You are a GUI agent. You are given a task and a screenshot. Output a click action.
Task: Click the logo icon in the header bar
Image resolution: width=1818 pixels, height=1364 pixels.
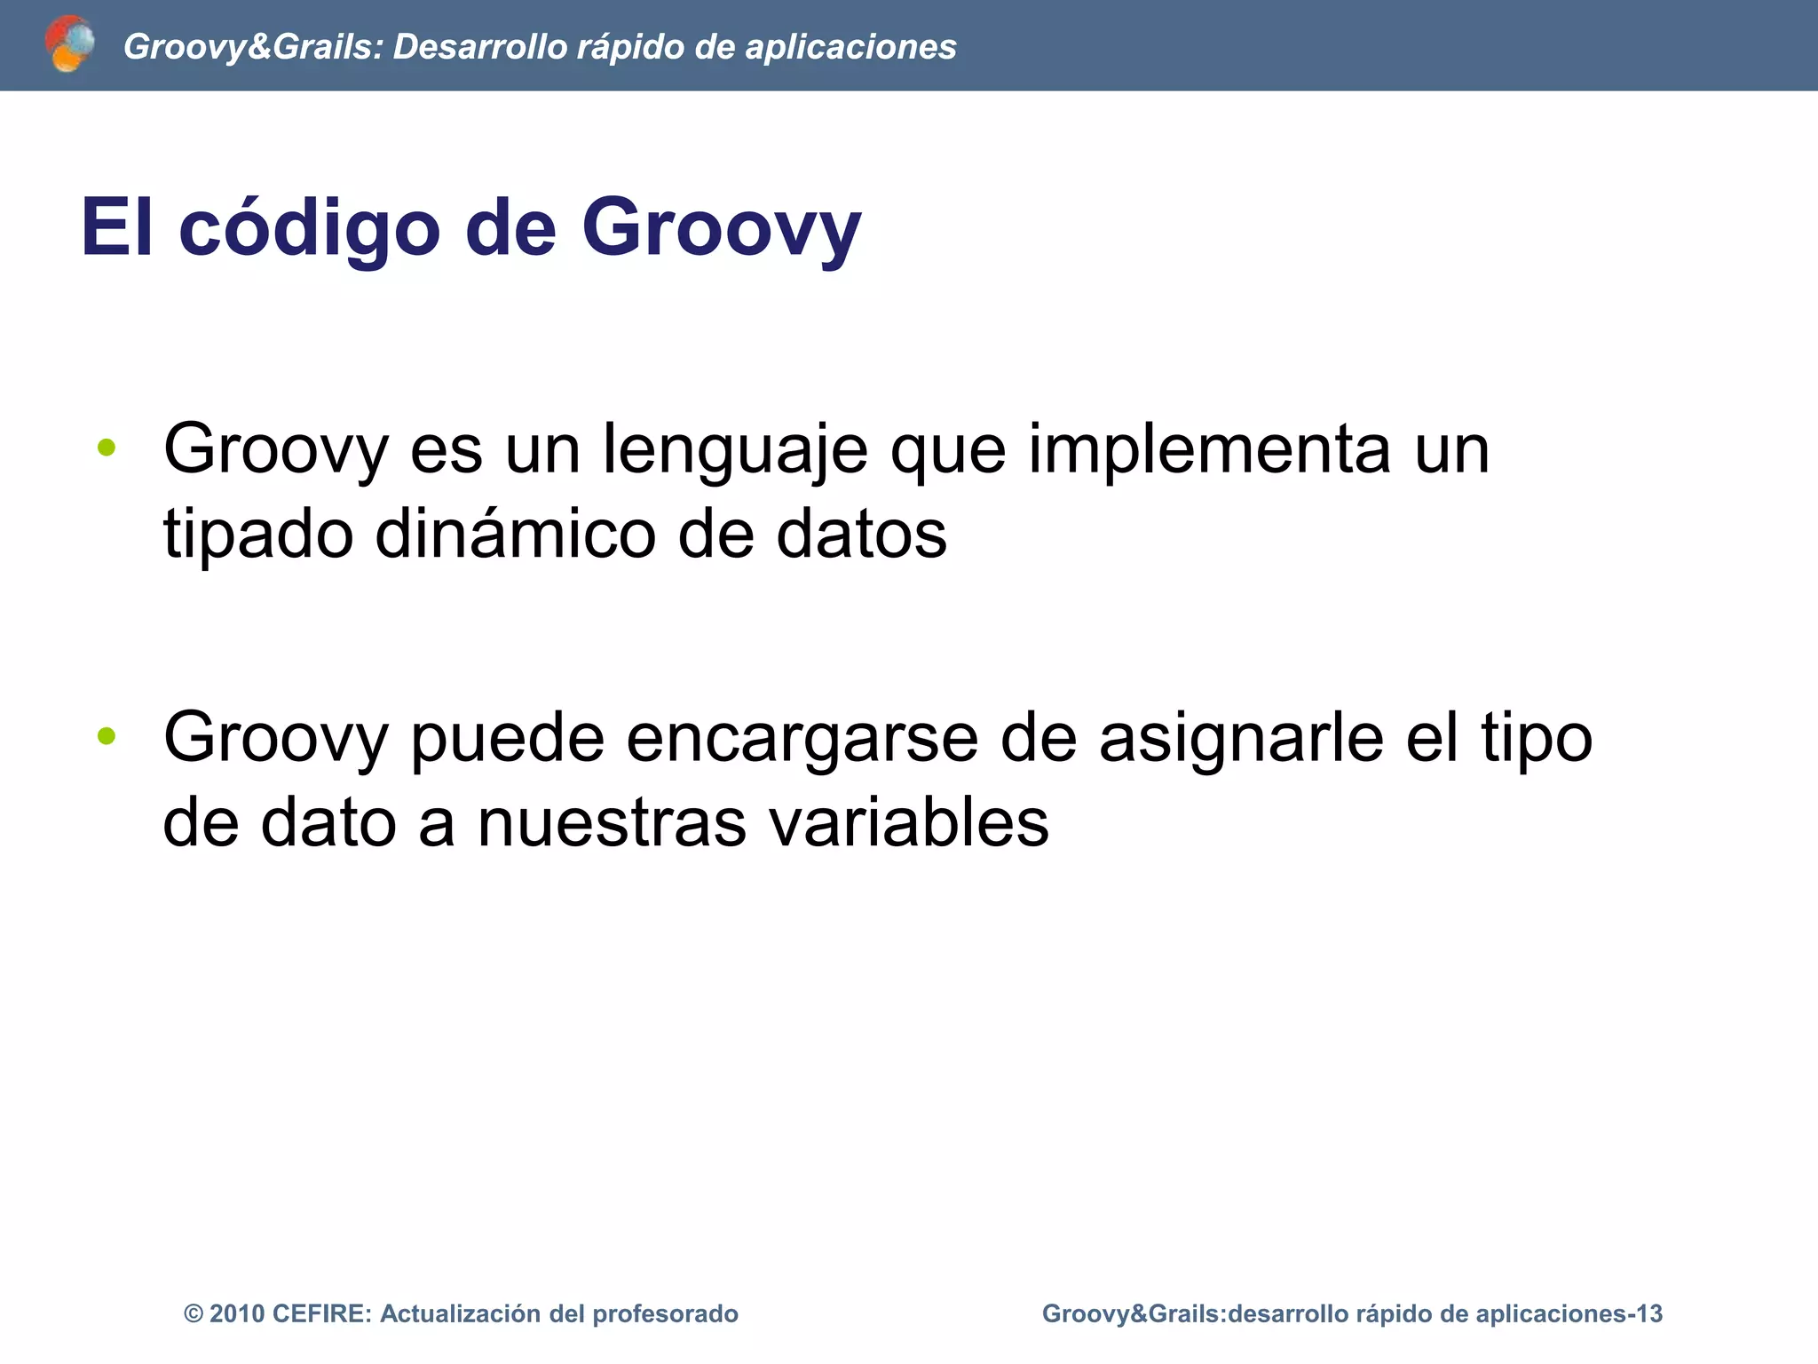(69, 44)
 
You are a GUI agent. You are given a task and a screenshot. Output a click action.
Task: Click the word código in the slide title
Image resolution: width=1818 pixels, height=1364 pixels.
(309, 228)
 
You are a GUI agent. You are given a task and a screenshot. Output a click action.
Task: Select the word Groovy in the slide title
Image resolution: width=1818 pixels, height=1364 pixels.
(721, 228)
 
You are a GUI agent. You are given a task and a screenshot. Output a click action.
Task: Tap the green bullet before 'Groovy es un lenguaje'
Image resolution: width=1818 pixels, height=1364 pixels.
(107, 448)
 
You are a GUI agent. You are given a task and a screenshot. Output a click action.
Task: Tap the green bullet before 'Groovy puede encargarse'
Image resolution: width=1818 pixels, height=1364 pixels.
(107, 735)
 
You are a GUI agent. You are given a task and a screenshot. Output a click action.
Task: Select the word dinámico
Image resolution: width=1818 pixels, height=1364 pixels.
(515, 535)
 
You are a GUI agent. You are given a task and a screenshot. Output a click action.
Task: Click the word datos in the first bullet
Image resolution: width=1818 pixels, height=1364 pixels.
(861, 535)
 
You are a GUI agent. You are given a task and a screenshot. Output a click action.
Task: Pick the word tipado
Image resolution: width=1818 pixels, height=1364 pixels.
(258, 536)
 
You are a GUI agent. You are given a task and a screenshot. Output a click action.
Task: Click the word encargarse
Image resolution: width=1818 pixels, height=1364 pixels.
(802, 739)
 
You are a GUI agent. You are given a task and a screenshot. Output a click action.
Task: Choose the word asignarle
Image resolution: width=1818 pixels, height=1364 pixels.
(1241, 739)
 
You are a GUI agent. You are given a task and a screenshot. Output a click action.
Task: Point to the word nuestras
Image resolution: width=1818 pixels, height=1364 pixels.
(613, 822)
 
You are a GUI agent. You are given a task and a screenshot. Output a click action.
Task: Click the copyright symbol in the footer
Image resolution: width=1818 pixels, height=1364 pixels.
(193, 1314)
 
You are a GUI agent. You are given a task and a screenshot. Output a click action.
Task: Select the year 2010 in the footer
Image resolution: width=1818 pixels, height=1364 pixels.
(237, 1314)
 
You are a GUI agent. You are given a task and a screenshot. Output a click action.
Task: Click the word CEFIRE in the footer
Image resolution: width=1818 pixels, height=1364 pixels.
(320, 1314)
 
